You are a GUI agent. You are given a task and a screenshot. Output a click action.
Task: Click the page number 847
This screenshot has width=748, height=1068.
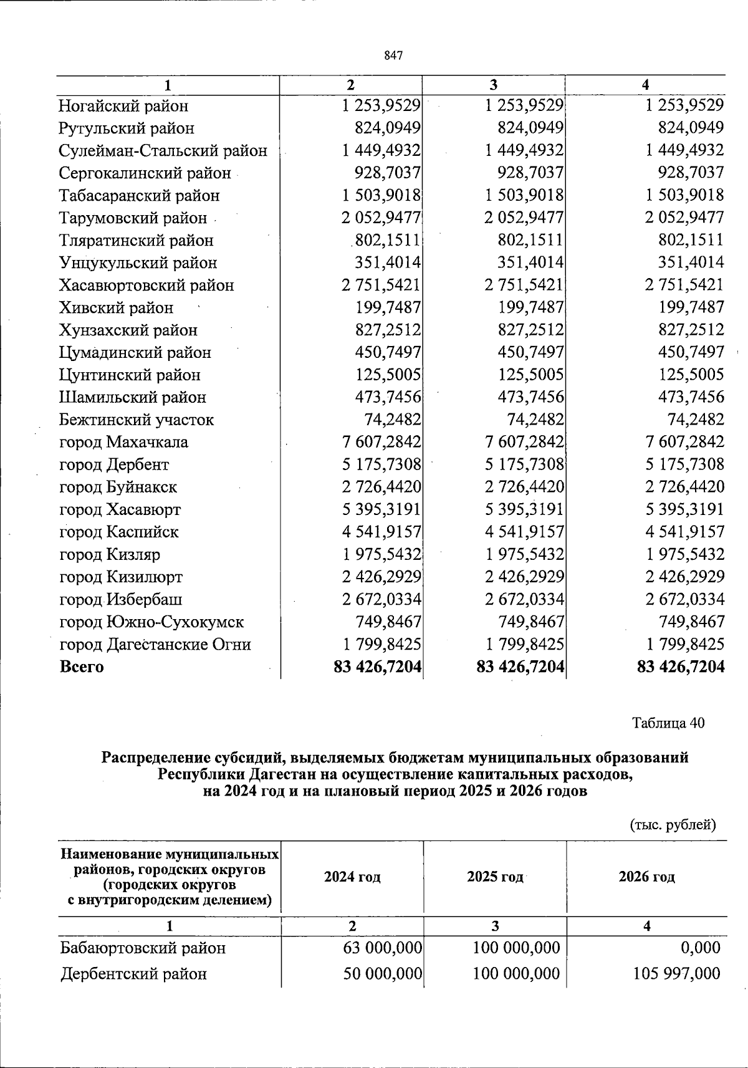pos(393,55)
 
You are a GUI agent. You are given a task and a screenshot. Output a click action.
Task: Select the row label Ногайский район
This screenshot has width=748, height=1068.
pos(123,106)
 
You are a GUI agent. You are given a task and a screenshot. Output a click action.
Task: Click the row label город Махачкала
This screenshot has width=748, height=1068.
pos(123,443)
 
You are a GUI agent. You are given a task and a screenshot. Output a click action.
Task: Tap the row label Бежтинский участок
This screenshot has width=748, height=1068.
pos(136,420)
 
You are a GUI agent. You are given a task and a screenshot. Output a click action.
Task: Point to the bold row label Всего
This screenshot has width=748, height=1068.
pos(82,667)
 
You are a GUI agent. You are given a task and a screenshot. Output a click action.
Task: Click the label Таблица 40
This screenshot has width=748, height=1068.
pos(668,723)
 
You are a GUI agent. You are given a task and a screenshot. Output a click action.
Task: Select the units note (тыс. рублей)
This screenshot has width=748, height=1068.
pos(673,825)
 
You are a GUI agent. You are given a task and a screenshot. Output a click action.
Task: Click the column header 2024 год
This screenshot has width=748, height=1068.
pos(352,877)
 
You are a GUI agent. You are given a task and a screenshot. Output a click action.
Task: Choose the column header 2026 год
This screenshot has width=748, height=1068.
pos(646,877)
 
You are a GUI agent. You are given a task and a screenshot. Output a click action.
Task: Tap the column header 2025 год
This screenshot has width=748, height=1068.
pos(495,877)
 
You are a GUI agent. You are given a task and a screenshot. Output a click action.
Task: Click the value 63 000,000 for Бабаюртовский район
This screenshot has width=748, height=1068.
pos(383,948)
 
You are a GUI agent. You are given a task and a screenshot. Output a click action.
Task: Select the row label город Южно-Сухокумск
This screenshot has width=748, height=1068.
pos(151,622)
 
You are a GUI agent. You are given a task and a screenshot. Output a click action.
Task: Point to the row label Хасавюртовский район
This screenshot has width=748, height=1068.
pos(146,286)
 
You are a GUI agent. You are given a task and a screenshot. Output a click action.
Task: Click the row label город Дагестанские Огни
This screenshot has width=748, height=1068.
pos(155,645)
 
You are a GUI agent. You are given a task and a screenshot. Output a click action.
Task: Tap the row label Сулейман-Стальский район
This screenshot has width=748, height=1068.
pos(163,151)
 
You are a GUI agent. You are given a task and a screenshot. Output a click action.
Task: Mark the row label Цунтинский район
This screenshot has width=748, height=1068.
pos(130,375)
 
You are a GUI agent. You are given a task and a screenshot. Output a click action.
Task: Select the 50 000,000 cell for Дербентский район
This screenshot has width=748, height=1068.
pos(383,973)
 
